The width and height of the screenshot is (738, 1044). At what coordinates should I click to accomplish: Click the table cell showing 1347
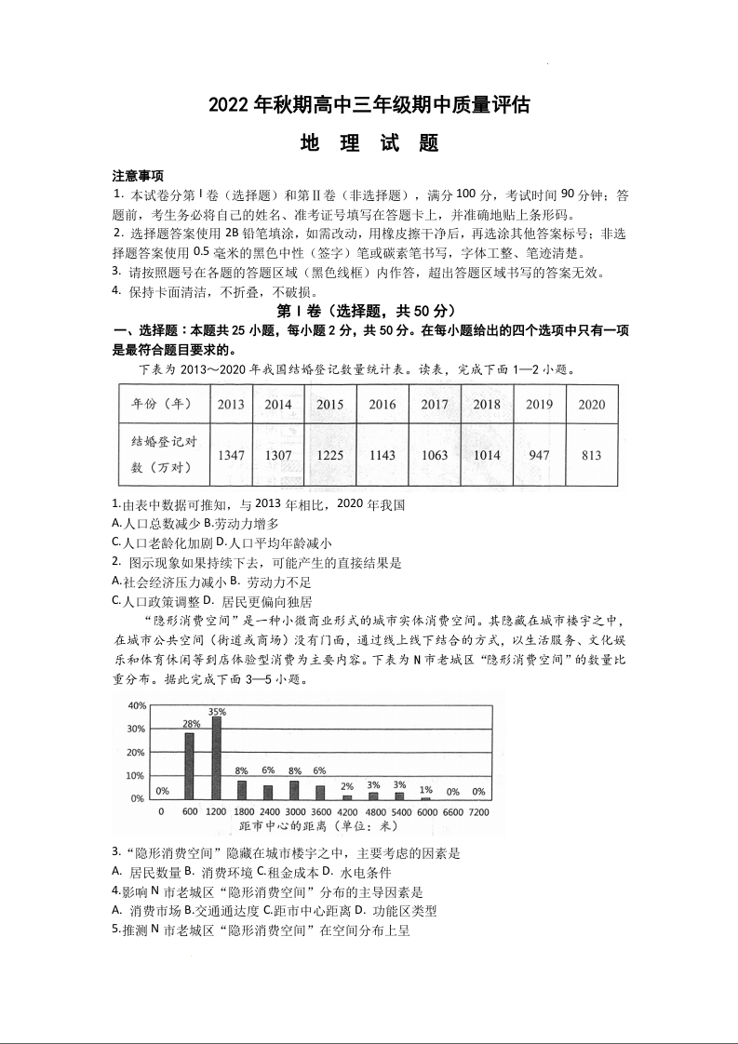click(231, 455)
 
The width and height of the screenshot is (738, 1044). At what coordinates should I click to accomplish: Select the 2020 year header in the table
click(591, 404)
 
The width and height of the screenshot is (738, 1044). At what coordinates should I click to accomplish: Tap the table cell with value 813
click(591, 455)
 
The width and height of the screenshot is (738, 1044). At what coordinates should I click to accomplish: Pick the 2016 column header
click(382, 404)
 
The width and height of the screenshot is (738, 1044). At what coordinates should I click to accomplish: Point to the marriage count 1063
click(435, 455)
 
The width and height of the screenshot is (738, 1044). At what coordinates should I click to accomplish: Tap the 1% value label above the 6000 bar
click(425, 790)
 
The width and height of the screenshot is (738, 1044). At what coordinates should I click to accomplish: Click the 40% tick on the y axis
click(136, 704)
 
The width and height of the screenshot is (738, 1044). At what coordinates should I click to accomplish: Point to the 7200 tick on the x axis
click(477, 812)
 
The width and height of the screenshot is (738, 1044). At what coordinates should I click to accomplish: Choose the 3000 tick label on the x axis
click(294, 812)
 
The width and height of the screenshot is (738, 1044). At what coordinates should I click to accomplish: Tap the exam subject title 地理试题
click(369, 144)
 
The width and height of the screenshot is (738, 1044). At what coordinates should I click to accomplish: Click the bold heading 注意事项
click(138, 176)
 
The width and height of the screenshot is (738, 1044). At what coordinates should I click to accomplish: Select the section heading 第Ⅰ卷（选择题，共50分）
click(369, 310)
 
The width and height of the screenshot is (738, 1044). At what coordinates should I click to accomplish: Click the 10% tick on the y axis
click(136, 775)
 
